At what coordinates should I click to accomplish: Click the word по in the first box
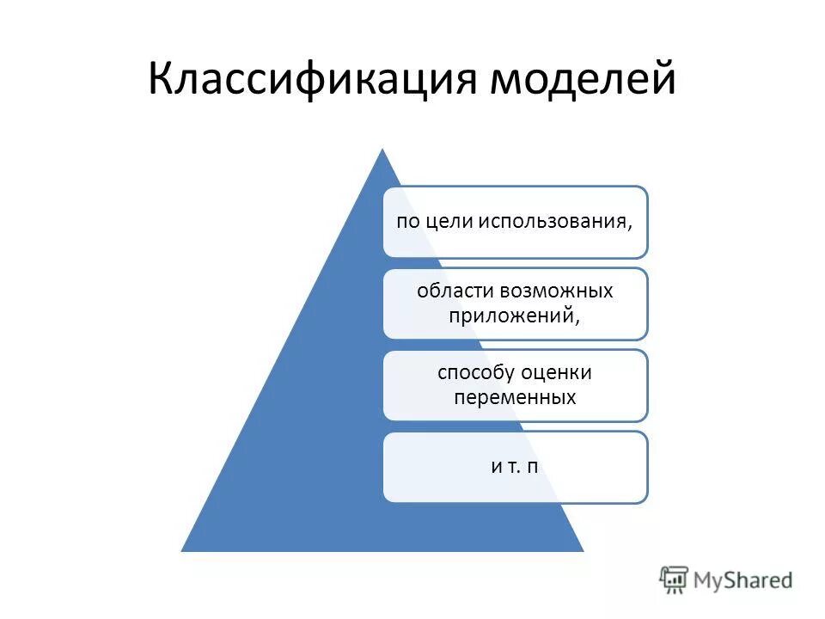(406, 221)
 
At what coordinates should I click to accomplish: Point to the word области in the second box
(452, 291)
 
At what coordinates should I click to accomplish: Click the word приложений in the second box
(510, 315)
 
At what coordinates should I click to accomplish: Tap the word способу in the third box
(476, 373)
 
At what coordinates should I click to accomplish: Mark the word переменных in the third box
(514, 397)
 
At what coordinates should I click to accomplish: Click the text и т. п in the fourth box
(515, 466)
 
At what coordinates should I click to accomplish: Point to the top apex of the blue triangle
(382, 150)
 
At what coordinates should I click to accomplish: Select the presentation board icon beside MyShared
(675, 579)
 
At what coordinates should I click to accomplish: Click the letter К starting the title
(161, 80)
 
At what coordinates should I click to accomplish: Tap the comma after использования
(631, 226)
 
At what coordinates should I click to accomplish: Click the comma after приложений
(578, 320)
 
